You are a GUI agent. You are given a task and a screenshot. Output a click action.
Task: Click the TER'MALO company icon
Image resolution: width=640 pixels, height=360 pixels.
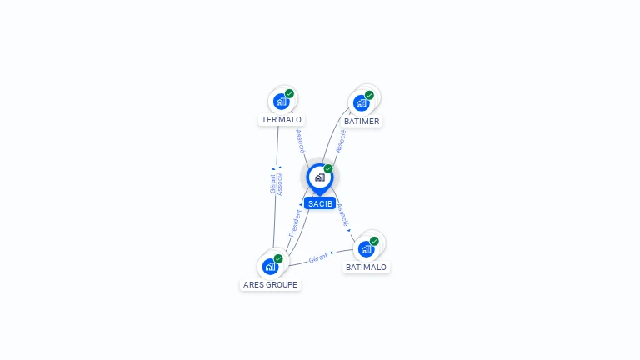(x=281, y=102)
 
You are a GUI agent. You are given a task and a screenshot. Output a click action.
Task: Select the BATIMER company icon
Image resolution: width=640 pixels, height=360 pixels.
(x=361, y=103)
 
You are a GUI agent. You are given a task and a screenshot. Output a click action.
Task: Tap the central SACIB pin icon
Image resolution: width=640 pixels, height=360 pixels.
(x=320, y=178)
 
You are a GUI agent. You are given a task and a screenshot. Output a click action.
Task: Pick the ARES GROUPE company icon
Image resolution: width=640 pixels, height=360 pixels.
(x=270, y=267)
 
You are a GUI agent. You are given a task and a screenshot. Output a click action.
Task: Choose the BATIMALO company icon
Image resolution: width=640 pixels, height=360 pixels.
(x=366, y=249)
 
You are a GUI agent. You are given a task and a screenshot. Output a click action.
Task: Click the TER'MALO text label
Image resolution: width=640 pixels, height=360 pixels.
(x=282, y=120)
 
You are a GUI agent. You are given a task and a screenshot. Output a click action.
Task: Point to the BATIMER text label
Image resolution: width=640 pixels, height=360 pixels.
(x=362, y=121)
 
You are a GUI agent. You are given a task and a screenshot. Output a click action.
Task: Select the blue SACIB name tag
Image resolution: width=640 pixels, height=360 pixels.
(x=320, y=203)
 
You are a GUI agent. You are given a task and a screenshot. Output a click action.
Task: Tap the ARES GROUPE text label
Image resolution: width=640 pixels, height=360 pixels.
(x=270, y=284)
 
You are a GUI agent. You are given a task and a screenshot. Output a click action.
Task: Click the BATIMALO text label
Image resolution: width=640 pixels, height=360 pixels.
(x=366, y=267)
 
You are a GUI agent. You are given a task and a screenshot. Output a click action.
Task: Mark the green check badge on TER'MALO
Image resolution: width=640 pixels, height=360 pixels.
(x=289, y=94)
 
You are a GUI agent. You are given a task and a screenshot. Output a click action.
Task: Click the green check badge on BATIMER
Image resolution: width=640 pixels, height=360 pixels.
(x=369, y=96)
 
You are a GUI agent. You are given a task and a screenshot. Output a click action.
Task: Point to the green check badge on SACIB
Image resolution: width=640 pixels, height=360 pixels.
(x=328, y=168)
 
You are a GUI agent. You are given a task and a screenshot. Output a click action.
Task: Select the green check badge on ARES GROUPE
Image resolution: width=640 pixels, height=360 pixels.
(x=278, y=259)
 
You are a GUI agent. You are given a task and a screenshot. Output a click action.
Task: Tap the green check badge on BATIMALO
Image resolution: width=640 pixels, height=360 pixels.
(x=374, y=241)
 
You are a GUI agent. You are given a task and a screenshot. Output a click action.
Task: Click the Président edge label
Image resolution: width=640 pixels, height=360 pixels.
(x=295, y=223)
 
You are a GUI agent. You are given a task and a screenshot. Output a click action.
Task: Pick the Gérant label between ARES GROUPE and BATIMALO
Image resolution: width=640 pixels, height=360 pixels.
(x=318, y=258)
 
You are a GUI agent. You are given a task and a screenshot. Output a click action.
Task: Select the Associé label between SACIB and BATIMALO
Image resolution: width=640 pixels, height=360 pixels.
(x=342, y=215)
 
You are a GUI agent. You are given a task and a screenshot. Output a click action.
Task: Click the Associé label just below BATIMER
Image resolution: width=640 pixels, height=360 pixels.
(x=341, y=141)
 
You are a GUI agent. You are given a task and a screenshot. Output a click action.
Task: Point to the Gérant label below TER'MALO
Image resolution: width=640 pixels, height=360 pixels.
(x=272, y=183)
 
